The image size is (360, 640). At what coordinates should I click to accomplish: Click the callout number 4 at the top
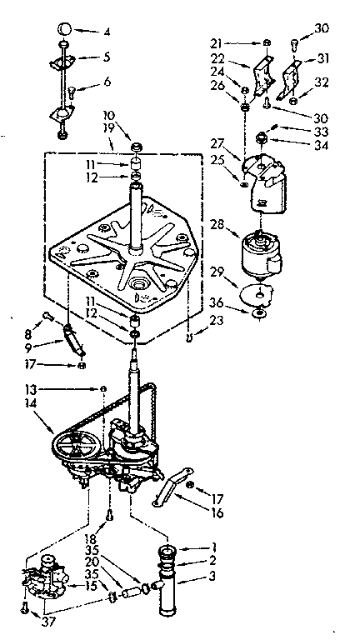[x=105, y=33]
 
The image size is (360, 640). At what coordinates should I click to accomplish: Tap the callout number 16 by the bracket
[x=217, y=513]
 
